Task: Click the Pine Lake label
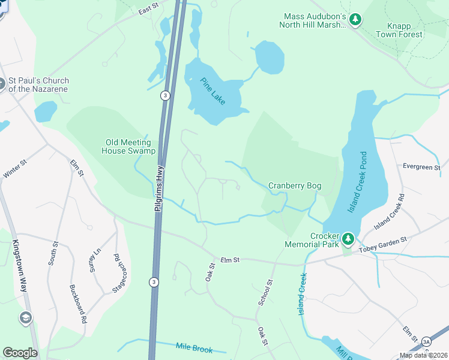(213, 91)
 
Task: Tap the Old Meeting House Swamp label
(130, 146)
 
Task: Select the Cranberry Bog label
(295, 186)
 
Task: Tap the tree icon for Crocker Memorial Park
(348, 240)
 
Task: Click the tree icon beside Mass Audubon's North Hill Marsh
(355, 20)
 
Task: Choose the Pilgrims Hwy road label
(160, 188)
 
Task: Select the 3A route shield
(427, 341)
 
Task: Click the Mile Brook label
(194, 347)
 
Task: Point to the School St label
(265, 292)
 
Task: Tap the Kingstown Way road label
(19, 266)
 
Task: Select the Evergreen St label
(421, 166)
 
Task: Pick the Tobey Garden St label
(383, 243)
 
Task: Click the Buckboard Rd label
(78, 305)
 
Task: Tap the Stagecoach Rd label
(121, 273)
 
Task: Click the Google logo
(20, 352)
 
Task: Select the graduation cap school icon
(26, 317)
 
